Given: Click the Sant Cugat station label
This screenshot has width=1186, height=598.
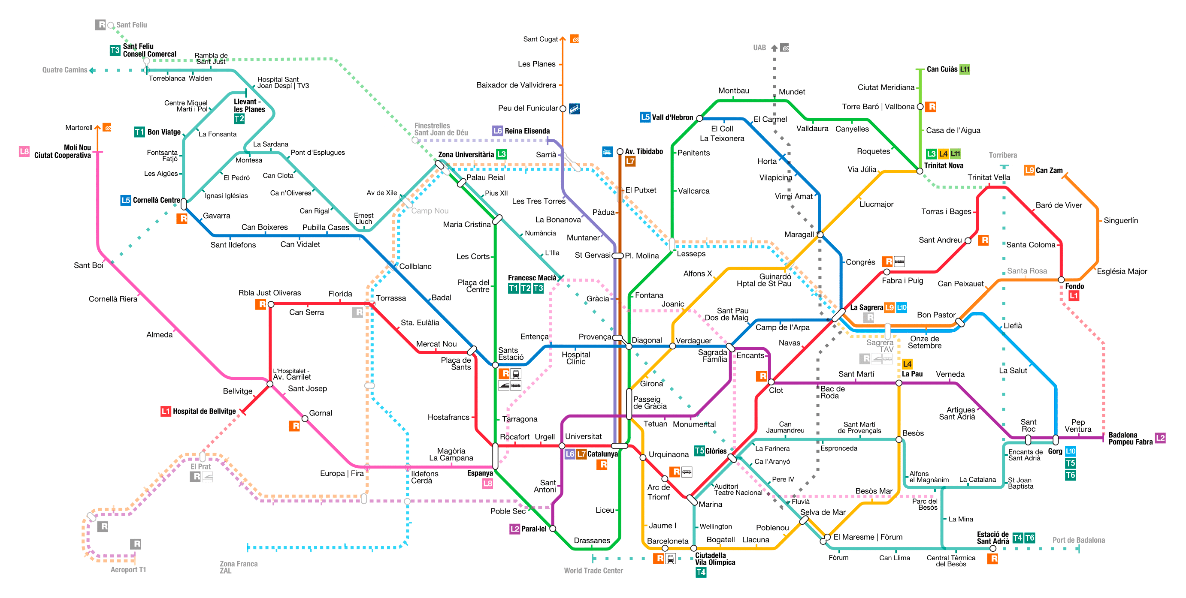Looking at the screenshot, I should click(x=540, y=39).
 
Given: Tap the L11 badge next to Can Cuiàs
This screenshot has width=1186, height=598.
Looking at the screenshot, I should click(x=965, y=69).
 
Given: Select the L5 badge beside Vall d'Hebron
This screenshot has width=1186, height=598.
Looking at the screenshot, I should click(x=645, y=117).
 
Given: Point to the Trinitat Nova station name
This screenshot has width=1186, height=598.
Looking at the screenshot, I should click(x=944, y=165).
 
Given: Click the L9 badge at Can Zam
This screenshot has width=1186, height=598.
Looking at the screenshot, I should click(x=1029, y=170).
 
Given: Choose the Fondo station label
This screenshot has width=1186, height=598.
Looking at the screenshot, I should click(x=1074, y=286).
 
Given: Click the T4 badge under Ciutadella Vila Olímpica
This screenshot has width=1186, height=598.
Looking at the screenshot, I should click(x=700, y=572).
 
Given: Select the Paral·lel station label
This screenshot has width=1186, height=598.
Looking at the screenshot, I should click(x=534, y=529).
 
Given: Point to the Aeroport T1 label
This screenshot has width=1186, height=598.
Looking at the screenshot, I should click(x=128, y=569).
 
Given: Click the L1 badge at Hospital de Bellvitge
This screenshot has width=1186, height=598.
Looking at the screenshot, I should click(x=166, y=411).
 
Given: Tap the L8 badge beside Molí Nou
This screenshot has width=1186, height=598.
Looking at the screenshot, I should click(x=24, y=151).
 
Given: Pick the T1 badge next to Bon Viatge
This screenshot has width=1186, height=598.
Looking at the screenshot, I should click(x=139, y=132).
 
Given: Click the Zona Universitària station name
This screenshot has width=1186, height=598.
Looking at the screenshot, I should click(x=466, y=155).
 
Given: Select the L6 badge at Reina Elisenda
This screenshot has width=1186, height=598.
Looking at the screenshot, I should click(x=497, y=131).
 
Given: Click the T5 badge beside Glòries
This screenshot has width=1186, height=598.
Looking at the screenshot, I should click(x=699, y=451).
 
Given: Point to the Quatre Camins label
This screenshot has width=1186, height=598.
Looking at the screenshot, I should click(x=64, y=70).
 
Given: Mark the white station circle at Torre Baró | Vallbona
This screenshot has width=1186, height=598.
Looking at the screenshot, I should click(x=920, y=107).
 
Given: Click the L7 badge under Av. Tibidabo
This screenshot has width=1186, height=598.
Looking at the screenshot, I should click(x=630, y=162).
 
